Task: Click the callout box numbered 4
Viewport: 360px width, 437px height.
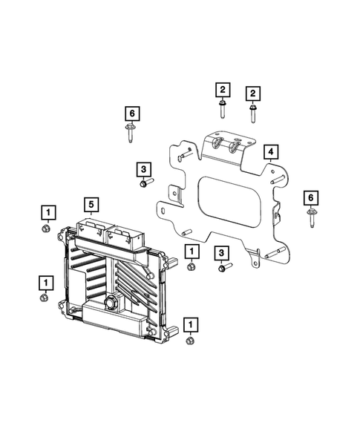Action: click(x=272, y=153)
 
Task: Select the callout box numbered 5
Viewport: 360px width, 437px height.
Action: click(x=91, y=204)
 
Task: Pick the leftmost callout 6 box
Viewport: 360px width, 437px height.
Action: click(x=131, y=113)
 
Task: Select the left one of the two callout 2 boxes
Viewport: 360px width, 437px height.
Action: click(x=222, y=91)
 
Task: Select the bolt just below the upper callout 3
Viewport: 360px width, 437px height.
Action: click(x=145, y=183)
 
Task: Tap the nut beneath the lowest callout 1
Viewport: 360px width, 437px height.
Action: click(x=190, y=341)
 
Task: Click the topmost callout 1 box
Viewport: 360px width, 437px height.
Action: click(x=47, y=214)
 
